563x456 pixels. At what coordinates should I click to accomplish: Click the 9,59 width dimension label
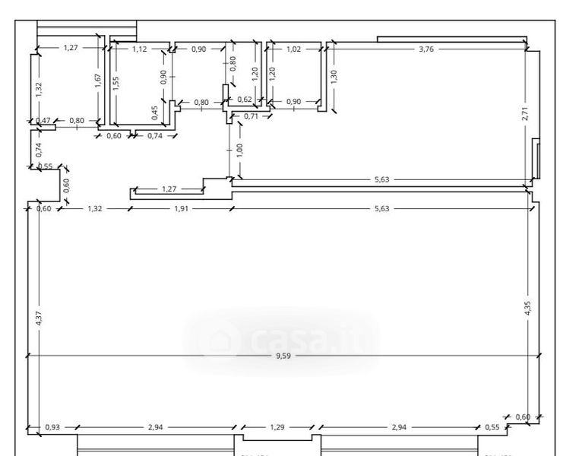click(283, 355)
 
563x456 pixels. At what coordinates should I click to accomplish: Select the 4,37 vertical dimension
click(39, 317)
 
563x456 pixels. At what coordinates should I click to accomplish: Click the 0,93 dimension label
click(52, 427)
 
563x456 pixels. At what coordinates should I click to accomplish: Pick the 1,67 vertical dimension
click(98, 81)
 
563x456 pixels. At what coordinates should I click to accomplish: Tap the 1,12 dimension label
click(140, 49)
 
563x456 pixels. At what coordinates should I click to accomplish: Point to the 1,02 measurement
click(294, 49)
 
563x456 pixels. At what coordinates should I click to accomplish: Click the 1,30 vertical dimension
click(334, 76)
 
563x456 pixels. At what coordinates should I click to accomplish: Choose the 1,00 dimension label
click(240, 149)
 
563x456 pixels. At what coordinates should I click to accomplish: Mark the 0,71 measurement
click(250, 116)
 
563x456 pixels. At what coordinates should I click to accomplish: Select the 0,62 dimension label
click(245, 100)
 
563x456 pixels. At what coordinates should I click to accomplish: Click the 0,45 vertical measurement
click(155, 112)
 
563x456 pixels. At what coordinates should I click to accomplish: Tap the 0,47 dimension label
click(43, 121)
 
